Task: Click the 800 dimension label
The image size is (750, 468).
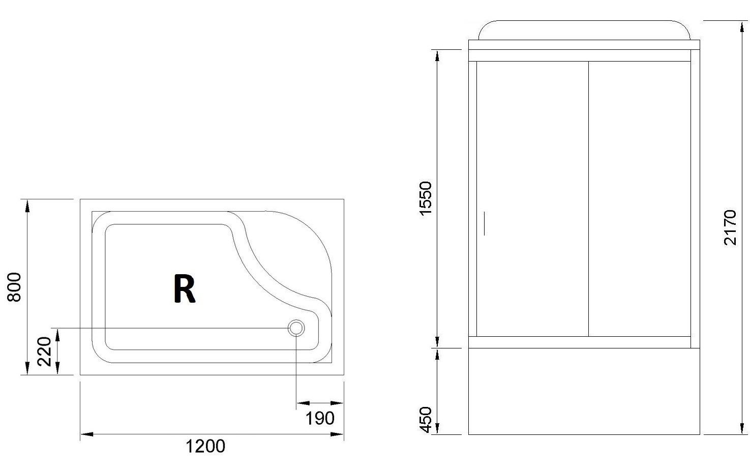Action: (x=14, y=287)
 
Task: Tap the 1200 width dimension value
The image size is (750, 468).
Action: (x=205, y=446)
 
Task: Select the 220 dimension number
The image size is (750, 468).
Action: (x=44, y=352)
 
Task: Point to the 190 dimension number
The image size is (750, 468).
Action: (x=320, y=419)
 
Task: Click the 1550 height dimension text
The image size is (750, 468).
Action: (x=426, y=199)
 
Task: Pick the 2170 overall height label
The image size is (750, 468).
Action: (x=730, y=228)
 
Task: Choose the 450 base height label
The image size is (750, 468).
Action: (x=426, y=420)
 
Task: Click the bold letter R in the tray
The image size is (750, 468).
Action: (x=185, y=289)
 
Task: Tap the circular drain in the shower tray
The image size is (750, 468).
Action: (x=296, y=328)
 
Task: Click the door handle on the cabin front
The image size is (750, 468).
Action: (x=485, y=223)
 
